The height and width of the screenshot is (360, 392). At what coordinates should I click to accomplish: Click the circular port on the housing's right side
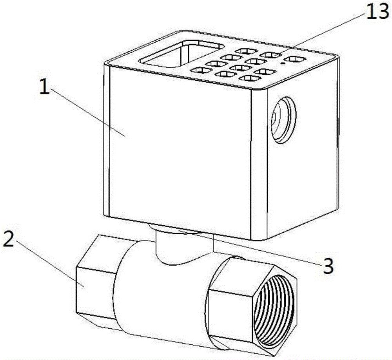point(283,120)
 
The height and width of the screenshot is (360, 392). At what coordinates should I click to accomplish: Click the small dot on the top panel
point(283,63)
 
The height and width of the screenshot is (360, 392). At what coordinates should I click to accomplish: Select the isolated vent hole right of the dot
point(295,60)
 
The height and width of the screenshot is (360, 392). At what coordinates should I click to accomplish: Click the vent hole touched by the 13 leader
point(270,54)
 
